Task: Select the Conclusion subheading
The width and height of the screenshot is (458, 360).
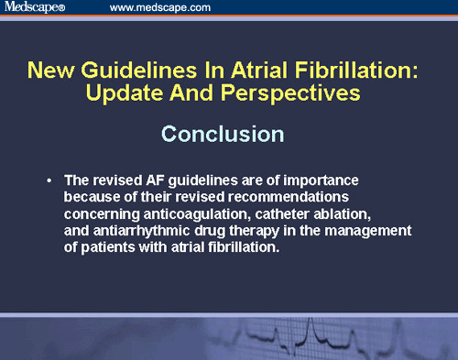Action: (x=223, y=133)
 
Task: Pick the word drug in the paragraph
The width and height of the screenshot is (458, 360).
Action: (x=208, y=231)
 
